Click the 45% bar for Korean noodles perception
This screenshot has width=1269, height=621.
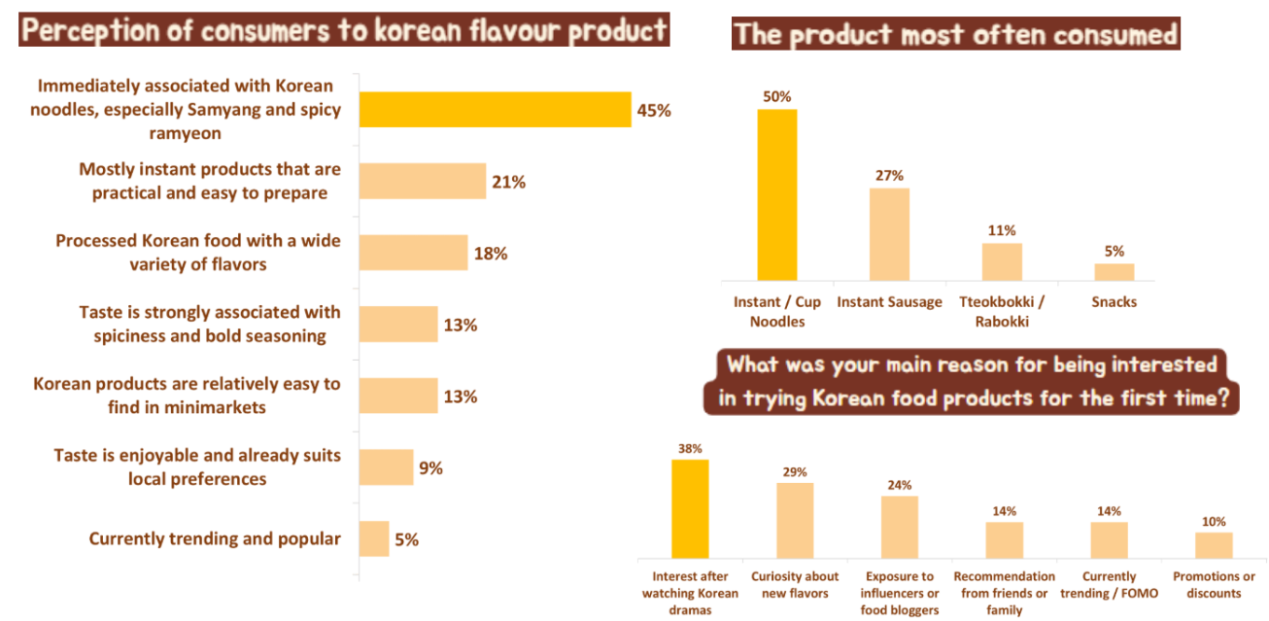point(495,109)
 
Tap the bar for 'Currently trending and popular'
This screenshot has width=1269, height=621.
point(374,538)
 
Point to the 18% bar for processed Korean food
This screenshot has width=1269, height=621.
point(413,253)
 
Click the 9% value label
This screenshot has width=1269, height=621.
point(430,468)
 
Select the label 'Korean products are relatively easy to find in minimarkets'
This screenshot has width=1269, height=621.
point(187,396)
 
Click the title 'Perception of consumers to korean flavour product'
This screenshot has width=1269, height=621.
point(344,30)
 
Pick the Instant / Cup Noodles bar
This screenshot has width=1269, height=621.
point(776,194)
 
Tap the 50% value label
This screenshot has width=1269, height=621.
point(776,97)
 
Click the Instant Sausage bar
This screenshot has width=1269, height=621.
point(889,234)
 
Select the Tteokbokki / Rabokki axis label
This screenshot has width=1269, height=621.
point(1001,311)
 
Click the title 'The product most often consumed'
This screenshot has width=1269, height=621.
point(956,35)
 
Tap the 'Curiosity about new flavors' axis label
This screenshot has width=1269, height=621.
point(795,585)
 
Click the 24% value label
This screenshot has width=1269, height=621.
point(899,485)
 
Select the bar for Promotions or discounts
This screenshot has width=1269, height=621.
point(1214,544)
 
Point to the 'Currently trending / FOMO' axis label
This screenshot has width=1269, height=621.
point(1109,585)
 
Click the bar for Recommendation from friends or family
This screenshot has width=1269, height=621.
point(1004,539)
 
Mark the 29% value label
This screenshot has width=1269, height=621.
point(795,471)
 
